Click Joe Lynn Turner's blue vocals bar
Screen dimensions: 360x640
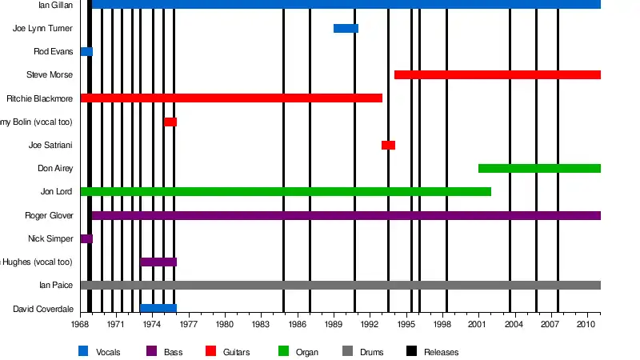pos(346,29)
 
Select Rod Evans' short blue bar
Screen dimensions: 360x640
pos(86,52)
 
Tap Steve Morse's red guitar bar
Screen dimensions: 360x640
pos(497,75)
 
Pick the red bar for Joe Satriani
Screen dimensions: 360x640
pos(388,146)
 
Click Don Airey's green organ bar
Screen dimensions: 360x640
pos(539,169)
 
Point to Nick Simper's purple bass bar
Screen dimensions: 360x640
pos(86,239)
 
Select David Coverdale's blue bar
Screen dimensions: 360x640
pos(158,309)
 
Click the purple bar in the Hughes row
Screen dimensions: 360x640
pos(158,262)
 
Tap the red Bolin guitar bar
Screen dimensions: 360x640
pos(170,122)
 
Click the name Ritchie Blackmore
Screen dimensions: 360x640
pos(40,99)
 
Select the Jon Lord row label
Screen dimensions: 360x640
pos(57,192)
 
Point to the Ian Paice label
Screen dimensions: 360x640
pos(56,286)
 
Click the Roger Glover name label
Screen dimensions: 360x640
pos(50,216)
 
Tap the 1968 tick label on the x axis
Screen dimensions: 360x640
pos(80,325)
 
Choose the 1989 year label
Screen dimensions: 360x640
pos(334,325)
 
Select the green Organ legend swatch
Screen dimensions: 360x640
pos(282,351)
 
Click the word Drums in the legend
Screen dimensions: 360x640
pos(371,352)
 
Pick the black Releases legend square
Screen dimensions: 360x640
pos(411,351)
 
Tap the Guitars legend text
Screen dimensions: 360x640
pos(237,352)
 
